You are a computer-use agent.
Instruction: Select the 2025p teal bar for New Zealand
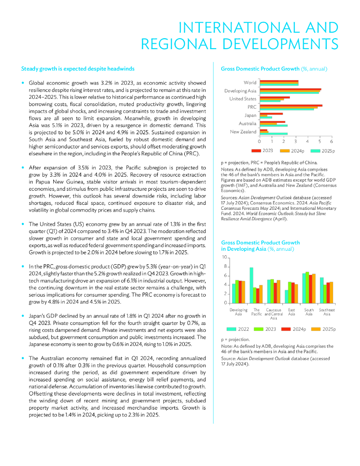(x=274, y=133)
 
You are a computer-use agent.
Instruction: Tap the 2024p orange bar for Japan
(x=264, y=116)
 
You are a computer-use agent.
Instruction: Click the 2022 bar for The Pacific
(x=251, y=285)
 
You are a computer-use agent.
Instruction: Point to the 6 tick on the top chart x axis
(x=331, y=142)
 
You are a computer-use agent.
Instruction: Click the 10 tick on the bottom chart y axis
(x=224, y=257)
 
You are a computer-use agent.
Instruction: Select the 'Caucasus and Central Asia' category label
(x=274, y=314)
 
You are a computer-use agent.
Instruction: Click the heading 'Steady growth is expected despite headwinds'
(x=78, y=69)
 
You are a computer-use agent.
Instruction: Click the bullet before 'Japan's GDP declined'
(x=23, y=315)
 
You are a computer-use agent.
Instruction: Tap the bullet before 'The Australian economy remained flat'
(x=23, y=358)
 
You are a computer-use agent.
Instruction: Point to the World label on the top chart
(x=250, y=82)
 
